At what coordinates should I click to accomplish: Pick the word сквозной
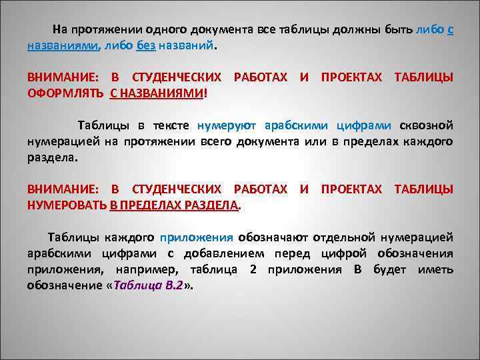(x=427, y=125)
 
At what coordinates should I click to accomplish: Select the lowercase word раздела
(x=52, y=158)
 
